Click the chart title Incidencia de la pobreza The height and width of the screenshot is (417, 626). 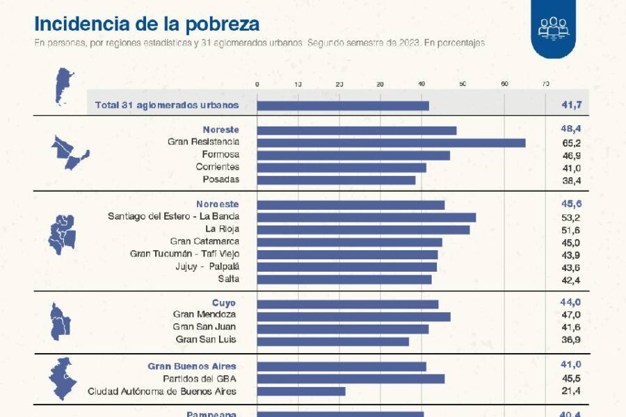pyautogui.click(x=147, y=24)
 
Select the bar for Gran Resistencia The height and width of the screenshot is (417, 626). pyautogui.click(x=391, y=142)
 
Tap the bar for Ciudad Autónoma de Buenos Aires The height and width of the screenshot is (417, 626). pyautogui.click(x=301, y=391)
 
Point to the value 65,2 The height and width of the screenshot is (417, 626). pyautogui.click(x=571, y=142)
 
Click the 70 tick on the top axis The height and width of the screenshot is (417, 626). pyautogui.click(x=545, y=84)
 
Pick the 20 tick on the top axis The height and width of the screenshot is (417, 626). pyautogui.click(x=339, y=84)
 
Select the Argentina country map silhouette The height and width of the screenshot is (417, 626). pyautogui.click(x=64, y=86)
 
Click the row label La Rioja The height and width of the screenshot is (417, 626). pyautogui.click(x=222, y=229)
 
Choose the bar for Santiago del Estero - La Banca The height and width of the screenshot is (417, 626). pyautogui.click(x=366, y=217)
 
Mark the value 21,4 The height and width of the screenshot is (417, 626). pyautogui.click(x=571, y=391)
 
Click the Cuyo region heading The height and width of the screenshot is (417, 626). pyautogui.click(x=224, y=303)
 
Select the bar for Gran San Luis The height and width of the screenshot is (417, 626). pyautogui.click(x=332, y=341)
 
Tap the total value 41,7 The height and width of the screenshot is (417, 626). pyautogui.click(x=571, y=106)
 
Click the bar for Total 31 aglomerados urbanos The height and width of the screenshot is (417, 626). pyautogui.click(x=343, y=106)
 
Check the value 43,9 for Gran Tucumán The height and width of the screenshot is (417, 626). pyautogui.click(x=571, y=254)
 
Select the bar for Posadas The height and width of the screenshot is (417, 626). pyautogui.click(x=336, y=180)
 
